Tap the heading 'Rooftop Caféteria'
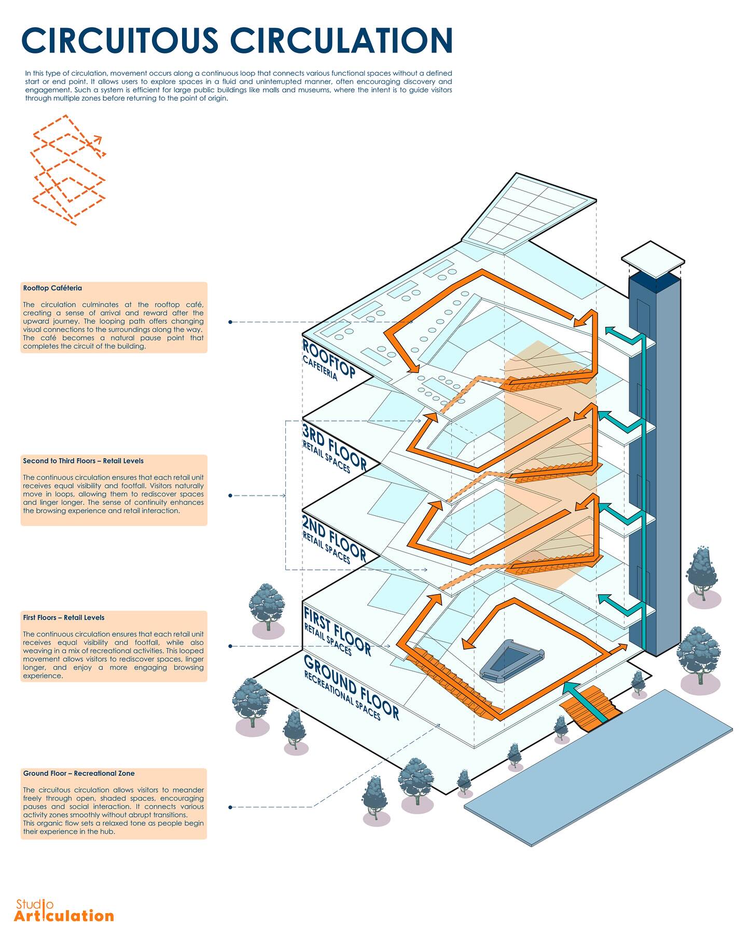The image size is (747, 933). [x=52, y=288]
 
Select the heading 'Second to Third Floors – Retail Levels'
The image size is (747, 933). [x=83, y=461]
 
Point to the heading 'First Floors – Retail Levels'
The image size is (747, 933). [x=63, y=618]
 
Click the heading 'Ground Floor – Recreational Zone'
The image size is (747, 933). [x=78, y=773]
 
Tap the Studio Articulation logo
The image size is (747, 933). [x=63, y=911]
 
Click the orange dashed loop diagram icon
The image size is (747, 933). [x=68, y=170]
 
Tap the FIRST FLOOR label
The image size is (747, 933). [x=337, y=631]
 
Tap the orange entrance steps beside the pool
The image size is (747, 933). [x=591, y=708]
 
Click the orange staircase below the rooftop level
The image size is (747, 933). [x=550, y=381]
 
